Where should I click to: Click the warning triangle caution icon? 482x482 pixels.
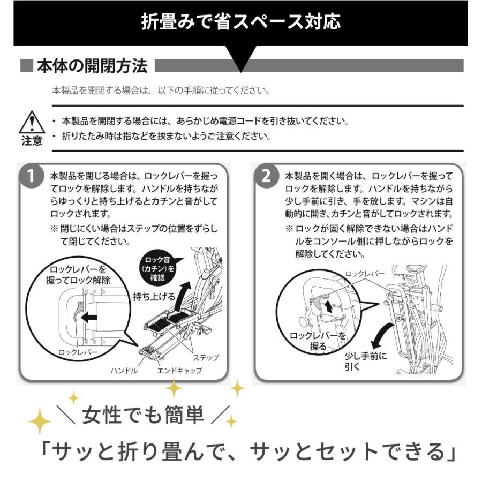pos(32,122)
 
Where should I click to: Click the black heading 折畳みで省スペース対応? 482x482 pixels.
pos(240,23)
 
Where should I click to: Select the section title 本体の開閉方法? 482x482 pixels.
pos(92,66)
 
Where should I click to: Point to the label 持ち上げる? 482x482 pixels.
pos(154,296)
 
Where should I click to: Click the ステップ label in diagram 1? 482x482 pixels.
pos(206,358)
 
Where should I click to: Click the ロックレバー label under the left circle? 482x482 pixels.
pos(78,353)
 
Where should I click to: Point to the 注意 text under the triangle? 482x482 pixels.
pos(32,141)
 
